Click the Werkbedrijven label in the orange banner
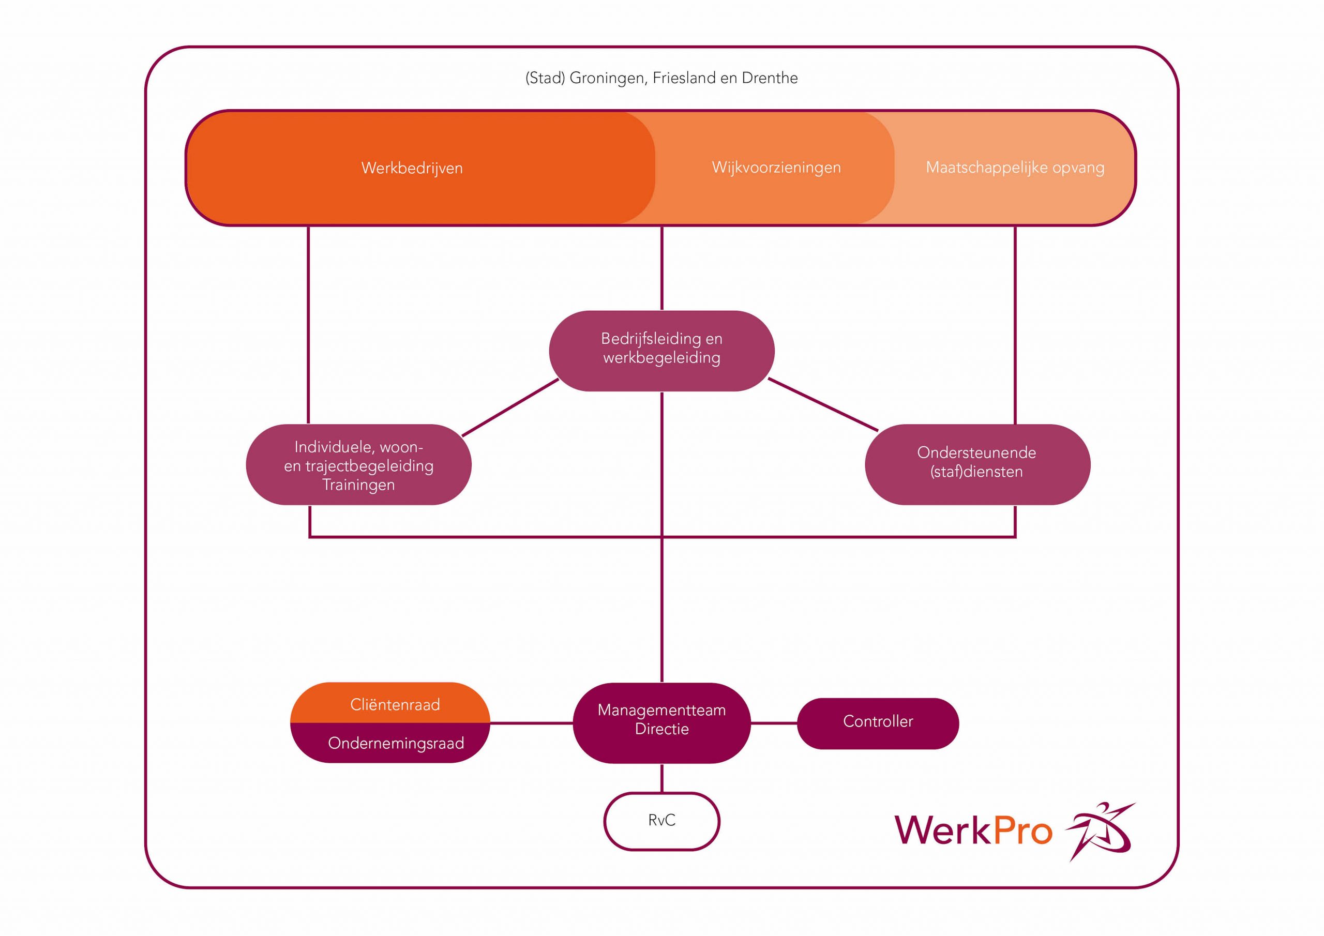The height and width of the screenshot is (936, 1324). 412,168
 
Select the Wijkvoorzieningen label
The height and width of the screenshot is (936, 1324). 776,167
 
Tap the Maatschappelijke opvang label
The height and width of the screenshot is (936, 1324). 1015,167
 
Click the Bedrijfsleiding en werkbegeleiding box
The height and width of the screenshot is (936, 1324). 661,351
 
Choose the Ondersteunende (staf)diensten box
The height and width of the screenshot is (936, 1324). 977,464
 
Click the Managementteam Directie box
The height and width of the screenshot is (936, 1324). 661,722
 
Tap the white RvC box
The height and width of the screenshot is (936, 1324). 661,821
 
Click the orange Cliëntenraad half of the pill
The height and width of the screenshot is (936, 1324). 395,704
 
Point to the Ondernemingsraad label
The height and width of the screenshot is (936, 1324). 396,743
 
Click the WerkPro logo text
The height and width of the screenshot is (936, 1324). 973,831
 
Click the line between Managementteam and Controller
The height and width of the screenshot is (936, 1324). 774,723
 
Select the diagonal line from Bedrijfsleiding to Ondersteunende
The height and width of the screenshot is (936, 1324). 823,404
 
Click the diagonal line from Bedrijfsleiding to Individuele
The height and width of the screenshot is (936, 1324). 510,407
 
